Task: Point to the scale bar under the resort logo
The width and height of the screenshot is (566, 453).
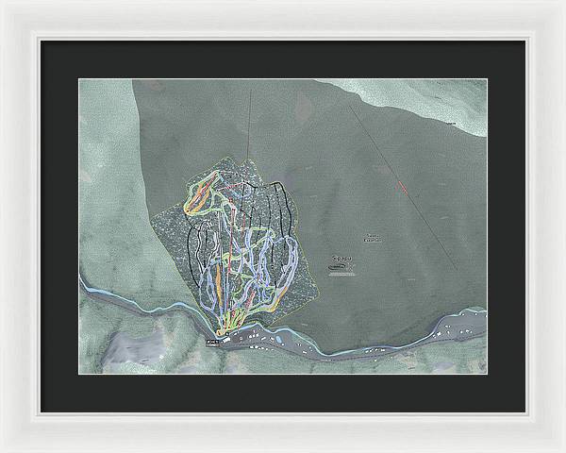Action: pyautogui.click(x=342, y=274)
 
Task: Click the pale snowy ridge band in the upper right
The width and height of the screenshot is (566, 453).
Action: pyautogui.click(x=424, y=99)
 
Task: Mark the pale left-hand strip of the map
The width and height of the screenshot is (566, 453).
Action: pyautogui.click(x=104, y=189)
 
